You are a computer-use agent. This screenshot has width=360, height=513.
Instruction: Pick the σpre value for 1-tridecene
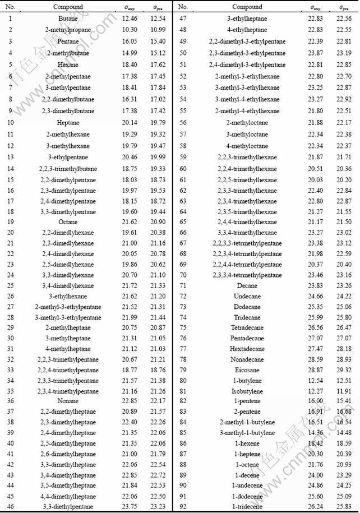tap(345, 507)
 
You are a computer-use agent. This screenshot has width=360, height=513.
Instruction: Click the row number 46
tap(11, 507)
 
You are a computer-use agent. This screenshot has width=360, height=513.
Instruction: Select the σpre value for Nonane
tap(158, 401)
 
